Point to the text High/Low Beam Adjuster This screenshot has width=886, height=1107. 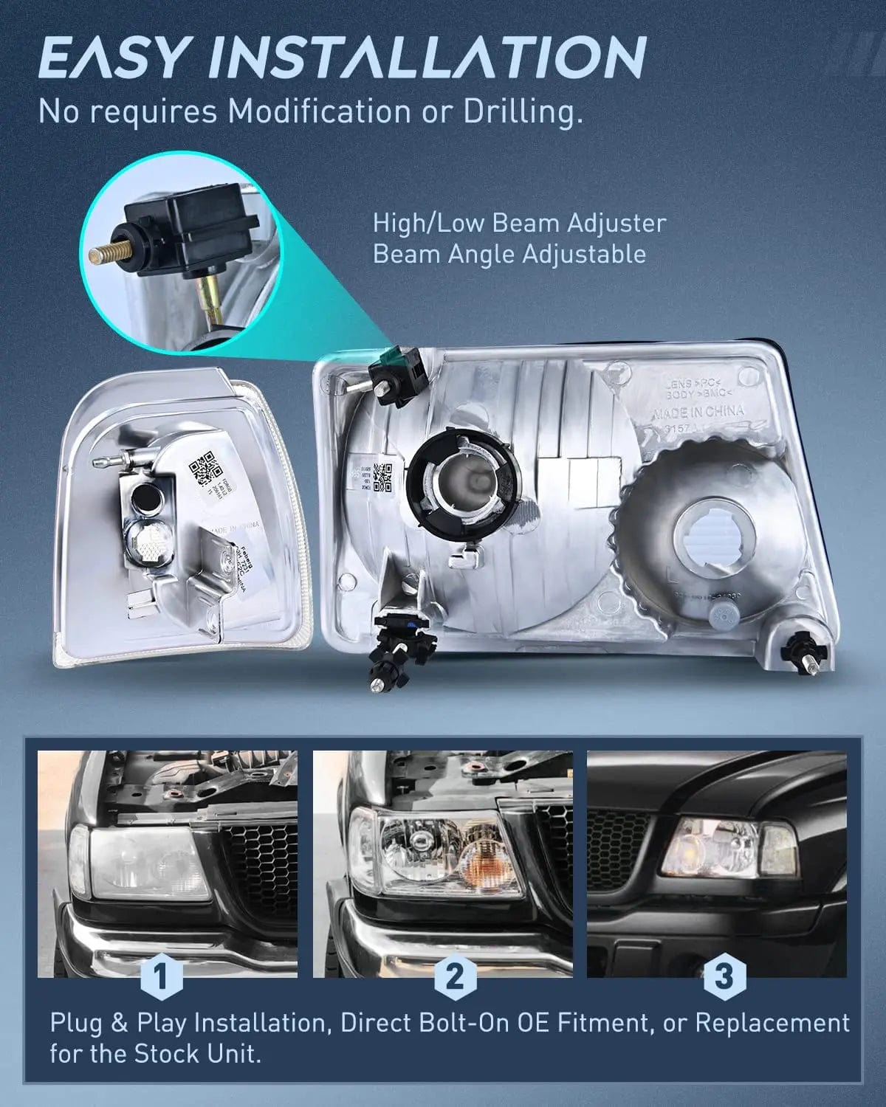pos(519,222)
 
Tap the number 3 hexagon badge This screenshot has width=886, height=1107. pos(724,976)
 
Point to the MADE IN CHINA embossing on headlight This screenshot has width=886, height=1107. pos(698,413)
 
